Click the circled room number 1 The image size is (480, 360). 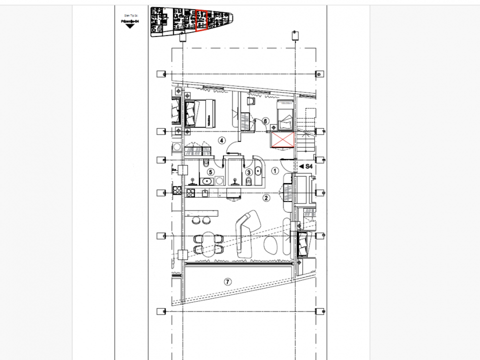coord(274,170)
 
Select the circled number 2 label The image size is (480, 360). coord(266,198)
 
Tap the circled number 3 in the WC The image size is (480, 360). coord(249,172)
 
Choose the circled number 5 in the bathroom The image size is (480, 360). coord(210,172)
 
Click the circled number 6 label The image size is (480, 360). coord(265,120)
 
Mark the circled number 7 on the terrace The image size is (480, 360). coord(227,282)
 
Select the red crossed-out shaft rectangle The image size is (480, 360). coord(282,140)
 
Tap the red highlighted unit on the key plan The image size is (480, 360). coord(201,20)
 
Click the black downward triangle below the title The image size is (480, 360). coord(130,26)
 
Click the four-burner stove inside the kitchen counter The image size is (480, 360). coord(176,190)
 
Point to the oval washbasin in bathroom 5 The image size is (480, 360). coord(206,181)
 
